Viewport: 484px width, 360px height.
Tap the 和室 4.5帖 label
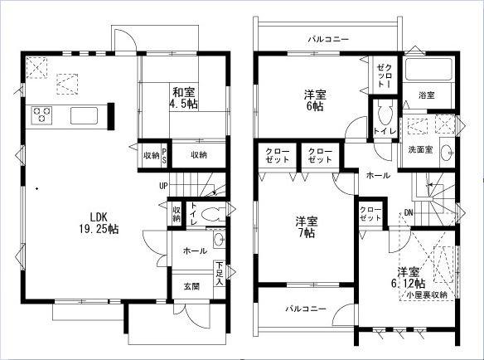(184, 98)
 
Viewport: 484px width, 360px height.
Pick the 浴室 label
(427, 95)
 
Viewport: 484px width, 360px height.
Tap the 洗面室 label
(420, 149)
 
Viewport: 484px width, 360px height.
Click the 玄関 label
(191, 286)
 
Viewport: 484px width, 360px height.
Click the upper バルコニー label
(327, 39)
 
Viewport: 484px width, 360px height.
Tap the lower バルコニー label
(306, 309)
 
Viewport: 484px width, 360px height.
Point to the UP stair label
(163, 184)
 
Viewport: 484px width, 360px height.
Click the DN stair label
(409, 213)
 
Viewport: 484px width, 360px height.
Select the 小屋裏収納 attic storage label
(427, 294)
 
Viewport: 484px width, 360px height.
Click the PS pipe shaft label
(165, 154)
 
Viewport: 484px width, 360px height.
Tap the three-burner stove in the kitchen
(42, 114)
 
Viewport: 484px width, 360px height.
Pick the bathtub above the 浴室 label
(428, 70)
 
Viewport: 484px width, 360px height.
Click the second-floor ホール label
(378, 176)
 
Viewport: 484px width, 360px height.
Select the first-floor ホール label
(195, 250)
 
